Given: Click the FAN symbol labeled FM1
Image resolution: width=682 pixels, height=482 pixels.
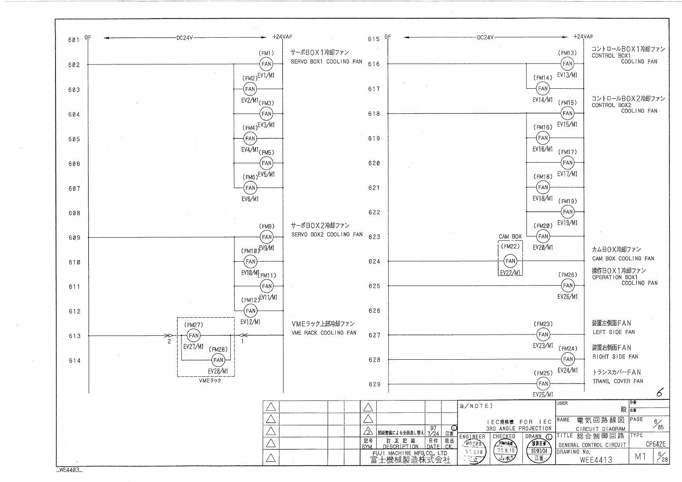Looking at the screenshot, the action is coord(266,64).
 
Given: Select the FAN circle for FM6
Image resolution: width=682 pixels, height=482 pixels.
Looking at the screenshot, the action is coord(250,188).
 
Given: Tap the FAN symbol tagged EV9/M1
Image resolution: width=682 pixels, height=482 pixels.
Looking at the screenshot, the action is coord(266,237).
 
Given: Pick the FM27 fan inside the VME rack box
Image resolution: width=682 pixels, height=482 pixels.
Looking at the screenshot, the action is coord(194,335).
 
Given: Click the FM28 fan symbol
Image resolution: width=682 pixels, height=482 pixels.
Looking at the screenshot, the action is coord(218,360).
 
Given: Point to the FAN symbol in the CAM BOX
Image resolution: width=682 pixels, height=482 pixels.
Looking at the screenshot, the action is coord(510,261).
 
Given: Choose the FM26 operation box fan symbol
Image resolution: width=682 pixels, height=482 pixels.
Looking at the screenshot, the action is coord(568,286).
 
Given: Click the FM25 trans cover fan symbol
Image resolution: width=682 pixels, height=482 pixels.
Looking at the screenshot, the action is coord(543,384).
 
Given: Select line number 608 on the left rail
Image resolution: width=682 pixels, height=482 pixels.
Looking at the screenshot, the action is coord(74,213).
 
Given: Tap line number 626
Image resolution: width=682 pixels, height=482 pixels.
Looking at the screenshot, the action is coord(374,311).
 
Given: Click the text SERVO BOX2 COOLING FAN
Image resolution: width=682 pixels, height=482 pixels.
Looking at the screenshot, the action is coord(327,235).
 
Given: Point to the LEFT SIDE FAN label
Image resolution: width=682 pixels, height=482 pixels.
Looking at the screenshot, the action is coord(614,332).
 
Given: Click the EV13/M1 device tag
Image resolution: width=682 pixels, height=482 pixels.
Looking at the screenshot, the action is coord(567,75).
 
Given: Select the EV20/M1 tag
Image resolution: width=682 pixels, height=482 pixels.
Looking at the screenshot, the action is coord(543,247).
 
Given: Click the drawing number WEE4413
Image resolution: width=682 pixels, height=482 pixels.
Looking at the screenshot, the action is coord(596,460).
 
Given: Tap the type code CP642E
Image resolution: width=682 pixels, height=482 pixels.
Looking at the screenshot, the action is coord(655,444).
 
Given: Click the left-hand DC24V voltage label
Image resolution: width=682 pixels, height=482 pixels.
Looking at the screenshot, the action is coord(185,38).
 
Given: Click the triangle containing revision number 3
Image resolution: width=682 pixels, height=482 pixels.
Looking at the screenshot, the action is coord(368,431).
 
